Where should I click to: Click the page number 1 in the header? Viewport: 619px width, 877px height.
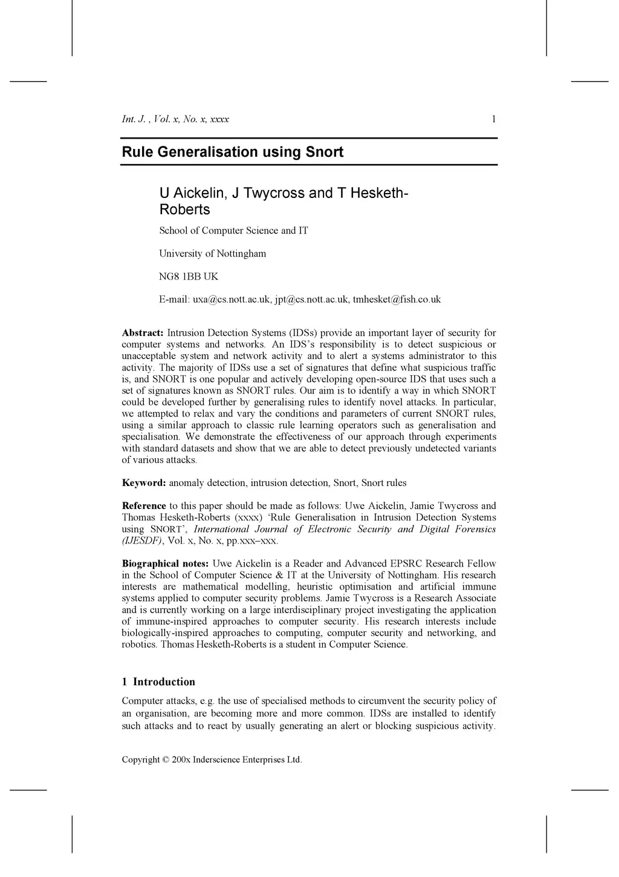pos(493,119)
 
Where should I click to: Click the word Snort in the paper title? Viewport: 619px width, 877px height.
pos(324,152)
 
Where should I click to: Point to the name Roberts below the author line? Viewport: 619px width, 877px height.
pos(184,209)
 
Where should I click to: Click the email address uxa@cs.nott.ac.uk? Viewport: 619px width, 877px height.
pos(232,300)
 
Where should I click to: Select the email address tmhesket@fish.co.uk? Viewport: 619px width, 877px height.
pos(397,300)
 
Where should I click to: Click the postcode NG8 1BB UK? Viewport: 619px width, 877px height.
pos(189,277)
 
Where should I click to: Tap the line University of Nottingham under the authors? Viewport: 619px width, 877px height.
pos(212,254)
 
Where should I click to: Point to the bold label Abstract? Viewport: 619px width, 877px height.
pos(143,333)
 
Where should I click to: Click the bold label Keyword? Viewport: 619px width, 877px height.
pos(144,483)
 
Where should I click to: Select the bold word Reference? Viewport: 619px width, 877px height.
pos(144,506)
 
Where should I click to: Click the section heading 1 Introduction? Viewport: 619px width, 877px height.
pos(158,682)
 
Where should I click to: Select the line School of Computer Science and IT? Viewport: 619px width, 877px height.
pos(233,231)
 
